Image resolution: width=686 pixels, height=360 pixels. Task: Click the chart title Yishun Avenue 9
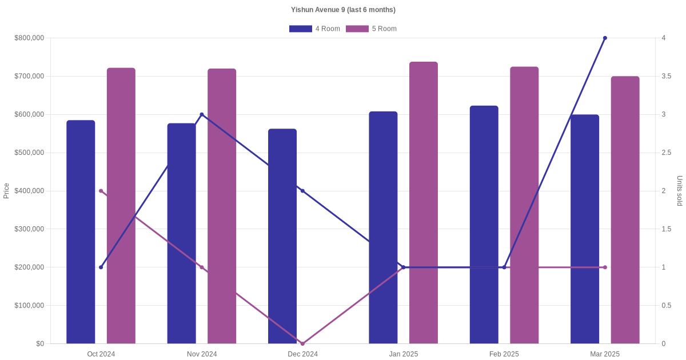[343, 10]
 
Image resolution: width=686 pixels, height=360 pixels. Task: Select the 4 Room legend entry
[314, 29]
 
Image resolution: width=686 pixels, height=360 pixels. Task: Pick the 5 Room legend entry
[371, 29]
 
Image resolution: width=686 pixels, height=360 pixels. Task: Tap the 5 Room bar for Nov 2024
[222, 206]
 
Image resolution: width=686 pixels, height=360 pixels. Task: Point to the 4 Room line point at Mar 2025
[605, 38]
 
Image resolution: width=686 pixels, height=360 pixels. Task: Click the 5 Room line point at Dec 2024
[302, 343]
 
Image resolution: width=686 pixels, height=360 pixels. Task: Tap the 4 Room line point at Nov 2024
[202, 114]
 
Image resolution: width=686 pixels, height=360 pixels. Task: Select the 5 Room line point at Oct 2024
[101, 191]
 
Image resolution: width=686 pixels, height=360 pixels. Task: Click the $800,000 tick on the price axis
[29, 38]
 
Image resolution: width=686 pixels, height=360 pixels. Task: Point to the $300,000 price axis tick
[29, 229]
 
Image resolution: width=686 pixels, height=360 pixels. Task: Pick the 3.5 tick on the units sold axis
[666, 76]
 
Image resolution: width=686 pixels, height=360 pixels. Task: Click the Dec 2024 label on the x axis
[302, 354]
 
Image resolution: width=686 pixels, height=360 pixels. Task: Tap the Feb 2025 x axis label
[504, 354]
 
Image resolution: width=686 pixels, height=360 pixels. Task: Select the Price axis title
[6, 191]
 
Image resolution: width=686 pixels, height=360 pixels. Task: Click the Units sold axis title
[680, 191]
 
